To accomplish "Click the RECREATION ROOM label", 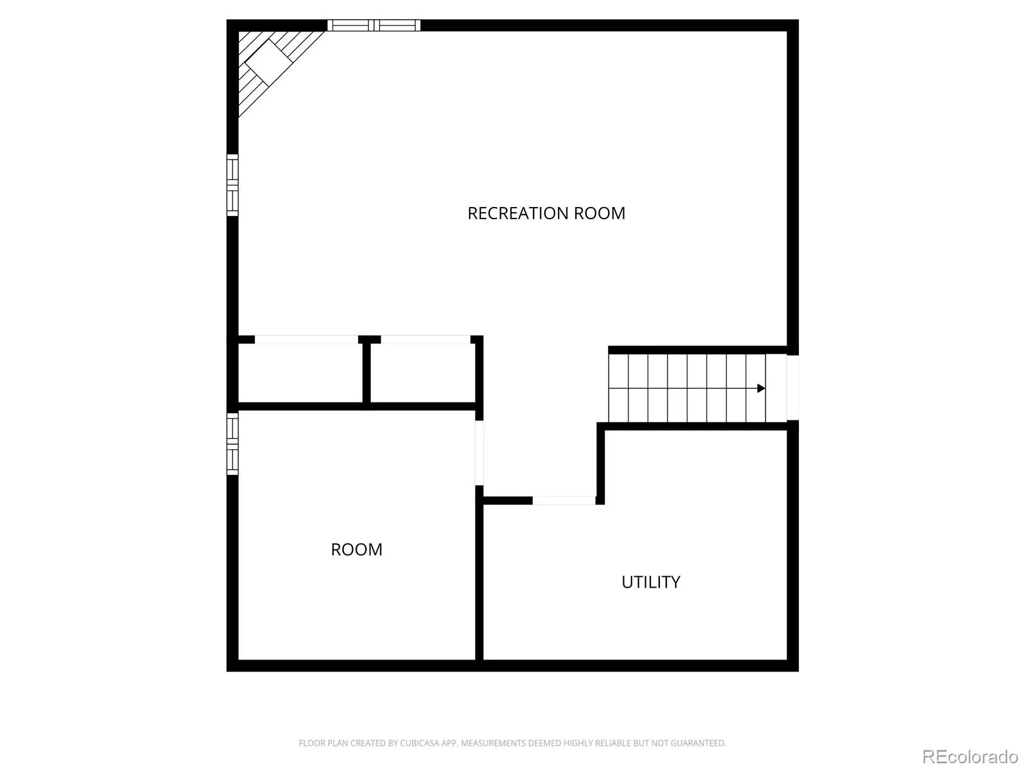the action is pyautogui.click(x=546, y=213).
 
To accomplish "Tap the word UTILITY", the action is pyautogui.click(x=650, y=582).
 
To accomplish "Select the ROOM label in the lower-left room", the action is pyautogui.click(x=356, y=549).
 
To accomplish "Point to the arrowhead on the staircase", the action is pyautogui.click(x=760, y=388).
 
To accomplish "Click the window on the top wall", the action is pyautogui.click(x=373, y=25).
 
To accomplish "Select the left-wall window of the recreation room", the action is pyautogui.click(x=232, y=185).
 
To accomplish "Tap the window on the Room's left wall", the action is pyautogui.click(x=232, y=443).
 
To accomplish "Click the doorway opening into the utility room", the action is pyautogui.click(x=564, y=500).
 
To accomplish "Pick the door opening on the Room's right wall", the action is pyautogui.click(x=479, y=453).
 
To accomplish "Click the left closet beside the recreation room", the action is pyautogui.click(x=300, y=373).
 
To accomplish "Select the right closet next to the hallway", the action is pyautogui.click(x=423, y=373).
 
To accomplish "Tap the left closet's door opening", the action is pyautogui.click(x=306, y=340).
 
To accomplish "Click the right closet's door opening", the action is pyautogui.click(x=425, y=340).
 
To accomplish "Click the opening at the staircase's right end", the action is pyautogui.click(x=792, y=388).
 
